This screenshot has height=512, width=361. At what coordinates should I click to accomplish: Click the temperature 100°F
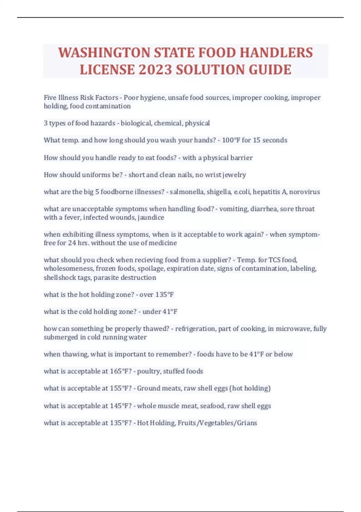coord(231,140)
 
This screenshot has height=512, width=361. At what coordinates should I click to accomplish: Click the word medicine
coord(163,243)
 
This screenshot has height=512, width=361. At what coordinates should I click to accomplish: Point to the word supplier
coord(216,260)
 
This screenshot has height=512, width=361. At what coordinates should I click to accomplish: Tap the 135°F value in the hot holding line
coord(165,295)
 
